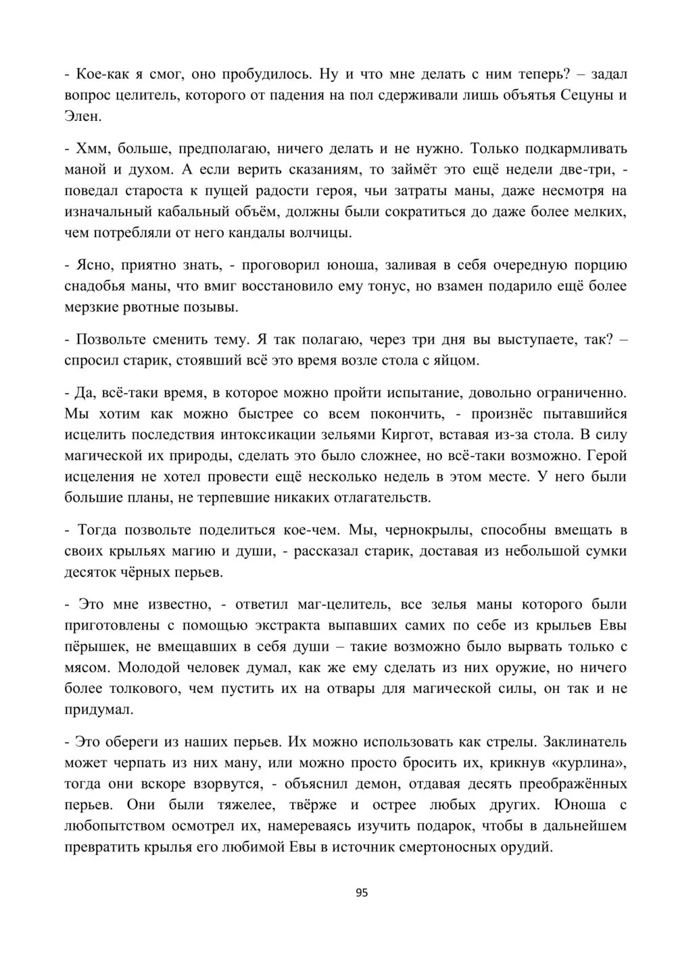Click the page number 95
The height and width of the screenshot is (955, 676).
tap(362, 892)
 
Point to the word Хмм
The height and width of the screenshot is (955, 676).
tap(91, 148)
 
